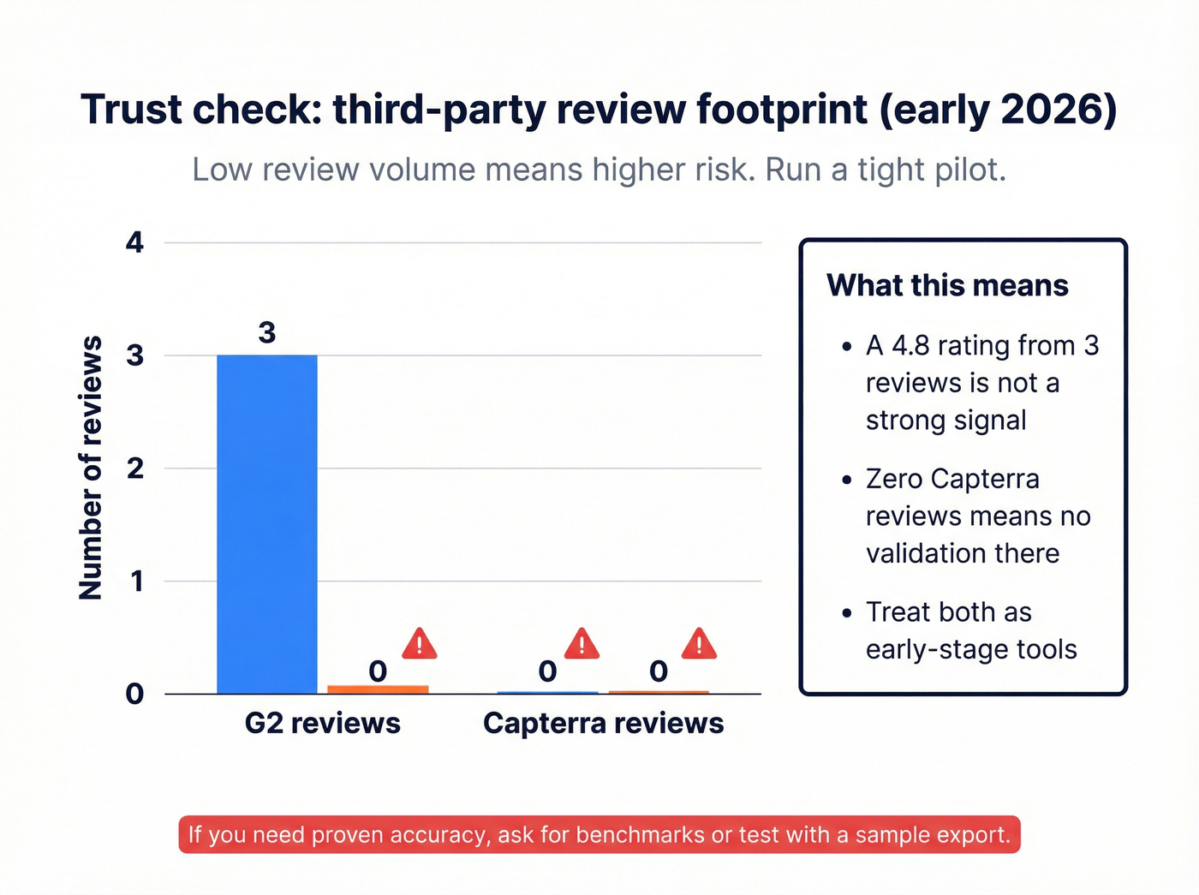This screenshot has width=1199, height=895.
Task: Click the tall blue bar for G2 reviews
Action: [266, 522]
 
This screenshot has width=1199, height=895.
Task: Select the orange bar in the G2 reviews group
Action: [378, 689]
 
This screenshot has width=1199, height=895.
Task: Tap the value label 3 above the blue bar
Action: [267, 332]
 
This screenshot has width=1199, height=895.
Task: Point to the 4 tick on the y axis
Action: [134, 242]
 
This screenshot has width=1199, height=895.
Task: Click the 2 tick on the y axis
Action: [134, 468]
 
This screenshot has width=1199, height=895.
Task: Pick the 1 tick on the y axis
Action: [135, 582]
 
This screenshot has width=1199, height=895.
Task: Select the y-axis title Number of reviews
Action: [90, 468]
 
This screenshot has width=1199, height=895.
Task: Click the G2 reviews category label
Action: [322, 723]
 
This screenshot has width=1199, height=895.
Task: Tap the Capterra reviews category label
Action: [603, 723]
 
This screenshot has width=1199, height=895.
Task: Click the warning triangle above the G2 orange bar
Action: [420, 644]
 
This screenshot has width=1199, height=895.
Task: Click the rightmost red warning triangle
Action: [699, 644]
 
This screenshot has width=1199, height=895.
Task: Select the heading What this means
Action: [947, 285]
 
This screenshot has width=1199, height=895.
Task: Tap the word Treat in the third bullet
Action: [896, 612]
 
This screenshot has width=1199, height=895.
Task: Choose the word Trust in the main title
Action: [131, 110]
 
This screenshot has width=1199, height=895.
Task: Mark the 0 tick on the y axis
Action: [134, 694]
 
